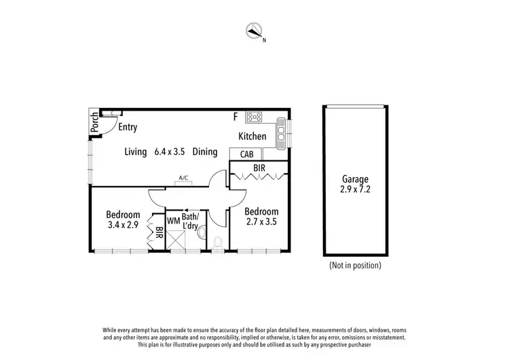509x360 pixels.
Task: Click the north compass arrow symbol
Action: pos(254,31)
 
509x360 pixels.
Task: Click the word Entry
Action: pos(128,127)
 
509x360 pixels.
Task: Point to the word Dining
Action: pos(205,152)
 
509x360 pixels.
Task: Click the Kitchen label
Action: pos(252,137)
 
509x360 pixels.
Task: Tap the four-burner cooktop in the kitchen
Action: pos(254,116)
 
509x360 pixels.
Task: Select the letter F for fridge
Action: pos(235,117)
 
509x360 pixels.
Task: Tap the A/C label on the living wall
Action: pos(183,179)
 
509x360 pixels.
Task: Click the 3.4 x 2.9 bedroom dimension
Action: pos(123,225)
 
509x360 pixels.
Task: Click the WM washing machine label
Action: pos(172,221)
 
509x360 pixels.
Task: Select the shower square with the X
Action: pos(177,240)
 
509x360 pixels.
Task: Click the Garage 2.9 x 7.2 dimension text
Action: pos(356,190)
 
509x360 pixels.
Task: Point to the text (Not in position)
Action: pos(355,265)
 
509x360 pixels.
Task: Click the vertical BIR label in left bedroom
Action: pos(158,233)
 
